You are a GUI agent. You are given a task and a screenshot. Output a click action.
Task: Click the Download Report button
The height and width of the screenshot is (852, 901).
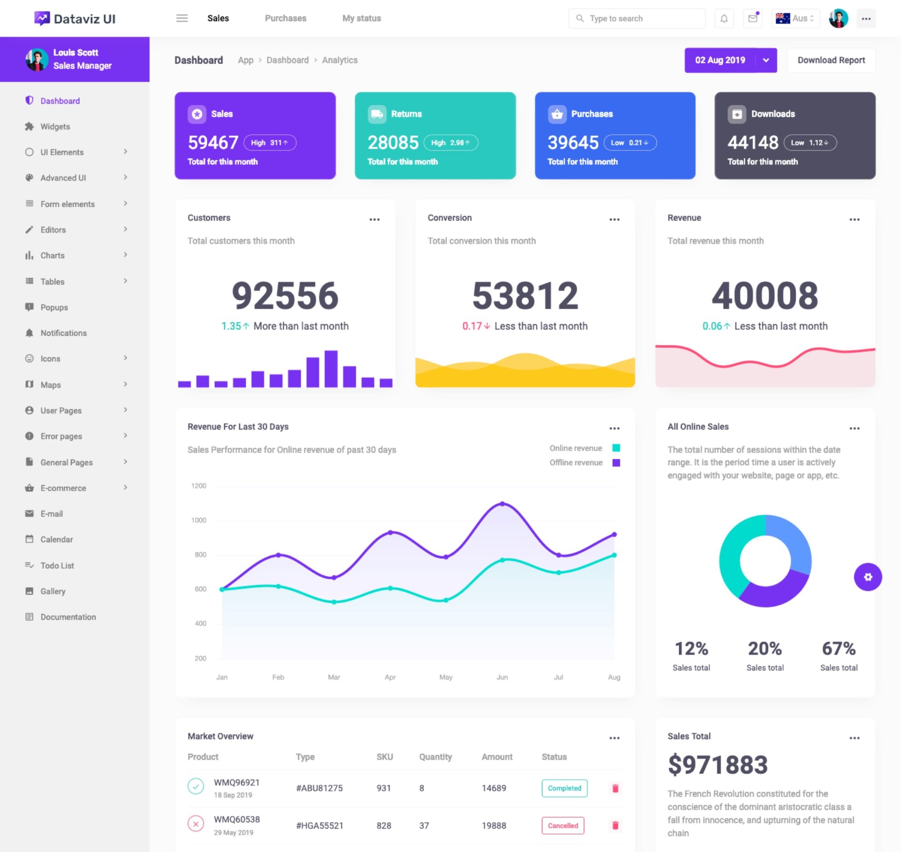point(831,60)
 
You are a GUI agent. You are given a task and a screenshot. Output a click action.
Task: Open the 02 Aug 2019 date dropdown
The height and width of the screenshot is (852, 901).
point(766,60)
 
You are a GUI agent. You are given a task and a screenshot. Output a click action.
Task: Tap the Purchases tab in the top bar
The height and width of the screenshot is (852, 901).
point(285,18)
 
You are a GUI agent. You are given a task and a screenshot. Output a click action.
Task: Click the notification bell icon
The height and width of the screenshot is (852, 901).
point(724,19)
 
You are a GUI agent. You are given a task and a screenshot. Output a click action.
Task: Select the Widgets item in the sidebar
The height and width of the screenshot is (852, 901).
point(55,127)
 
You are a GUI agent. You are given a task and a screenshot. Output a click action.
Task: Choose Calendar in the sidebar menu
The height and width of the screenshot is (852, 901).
point(56,540)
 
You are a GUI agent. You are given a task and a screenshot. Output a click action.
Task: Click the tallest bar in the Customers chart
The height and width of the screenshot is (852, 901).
point(331,368)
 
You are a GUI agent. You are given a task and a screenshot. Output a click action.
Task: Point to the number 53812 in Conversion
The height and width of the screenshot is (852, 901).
point(525,296)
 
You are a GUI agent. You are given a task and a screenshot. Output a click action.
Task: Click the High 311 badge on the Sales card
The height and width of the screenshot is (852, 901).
point(270,143)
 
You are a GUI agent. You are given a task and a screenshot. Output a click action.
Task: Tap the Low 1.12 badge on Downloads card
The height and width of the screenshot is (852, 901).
point(810,143)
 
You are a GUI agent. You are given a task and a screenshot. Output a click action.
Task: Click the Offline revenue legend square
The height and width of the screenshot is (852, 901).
point(616,463)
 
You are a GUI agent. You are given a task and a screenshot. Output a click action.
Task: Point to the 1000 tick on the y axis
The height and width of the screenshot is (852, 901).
point(199,520)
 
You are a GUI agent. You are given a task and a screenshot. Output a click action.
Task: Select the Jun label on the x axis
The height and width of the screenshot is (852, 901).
point(502,677)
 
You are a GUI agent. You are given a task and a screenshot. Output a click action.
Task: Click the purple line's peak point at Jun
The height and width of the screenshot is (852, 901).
point(502,504)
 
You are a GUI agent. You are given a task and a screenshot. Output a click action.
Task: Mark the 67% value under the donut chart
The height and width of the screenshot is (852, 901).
point(839,648)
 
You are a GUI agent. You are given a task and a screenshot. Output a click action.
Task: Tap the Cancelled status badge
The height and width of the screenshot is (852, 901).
point(563,826)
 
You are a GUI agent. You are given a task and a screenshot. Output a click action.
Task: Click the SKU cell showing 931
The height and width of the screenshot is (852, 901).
point(383,788)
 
